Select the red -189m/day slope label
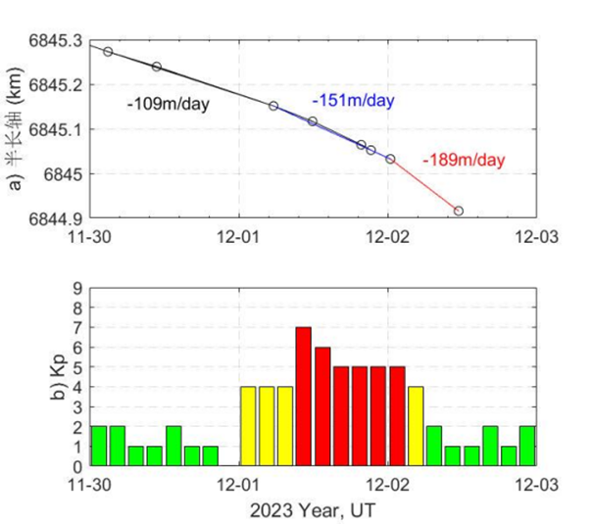[464, 160]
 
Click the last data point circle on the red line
[458, 211]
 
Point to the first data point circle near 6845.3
[108, 51]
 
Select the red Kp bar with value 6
[322, 405]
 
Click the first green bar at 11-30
[98, 445]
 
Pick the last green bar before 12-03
[527, 445]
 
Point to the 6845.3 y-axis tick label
[57, 40]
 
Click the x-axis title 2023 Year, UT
[314, 507]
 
